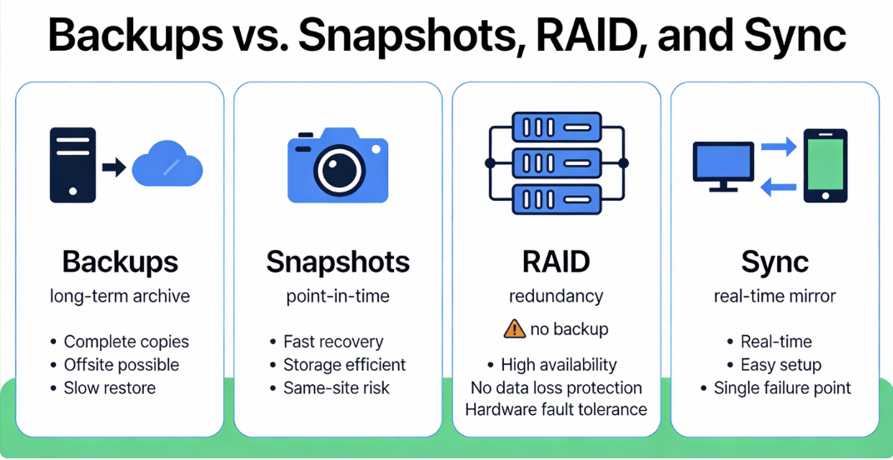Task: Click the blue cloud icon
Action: point(167,164)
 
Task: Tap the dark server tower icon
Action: point(72,164)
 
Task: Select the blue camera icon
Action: point(338,165)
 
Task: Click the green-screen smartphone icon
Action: point(825,165)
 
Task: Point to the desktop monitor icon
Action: point(723,162)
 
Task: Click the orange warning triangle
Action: point(515,329)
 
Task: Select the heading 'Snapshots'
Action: point(338,262)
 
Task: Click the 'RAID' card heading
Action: point(556,262)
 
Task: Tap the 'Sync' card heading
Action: point(775,262)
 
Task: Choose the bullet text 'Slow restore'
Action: point(109,388)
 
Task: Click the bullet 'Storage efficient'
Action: point(344,365)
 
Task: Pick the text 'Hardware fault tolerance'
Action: point(556,409)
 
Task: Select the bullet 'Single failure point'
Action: point(782,388)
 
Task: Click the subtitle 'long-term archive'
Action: point(120,297)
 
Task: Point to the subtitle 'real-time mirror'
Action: point(775,297)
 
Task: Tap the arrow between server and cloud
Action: point(113,167)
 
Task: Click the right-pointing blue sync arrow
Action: point(780,147)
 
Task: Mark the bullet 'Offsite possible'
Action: point(121,365)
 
